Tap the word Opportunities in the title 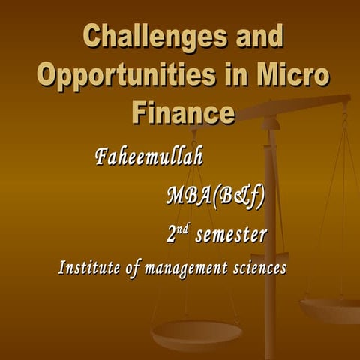[119, 76]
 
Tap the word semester [231, 236]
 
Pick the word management [187, 268]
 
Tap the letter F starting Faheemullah [102, 158]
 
